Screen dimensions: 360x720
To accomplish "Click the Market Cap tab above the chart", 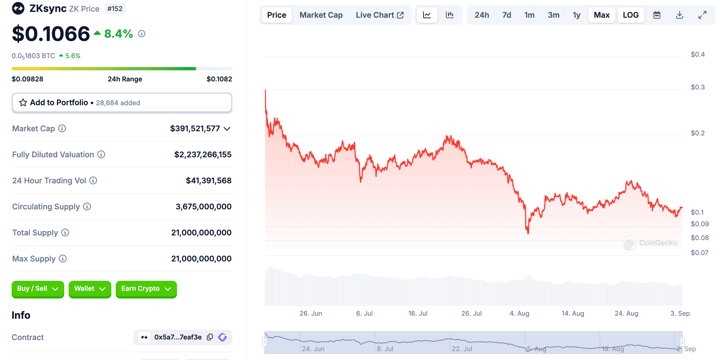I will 321,15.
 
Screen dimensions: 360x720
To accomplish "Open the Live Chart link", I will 379,15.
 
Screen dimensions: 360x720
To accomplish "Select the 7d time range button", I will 506,15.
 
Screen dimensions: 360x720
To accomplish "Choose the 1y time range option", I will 576,15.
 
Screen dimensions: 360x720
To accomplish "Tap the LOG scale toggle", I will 630,15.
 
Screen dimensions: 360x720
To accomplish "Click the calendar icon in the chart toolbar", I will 657,15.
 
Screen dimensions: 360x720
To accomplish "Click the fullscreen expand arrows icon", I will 702,15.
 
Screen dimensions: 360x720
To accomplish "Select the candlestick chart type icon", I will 449,15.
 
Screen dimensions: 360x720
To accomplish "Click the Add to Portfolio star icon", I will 23,102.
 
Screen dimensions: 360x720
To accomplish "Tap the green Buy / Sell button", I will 38,289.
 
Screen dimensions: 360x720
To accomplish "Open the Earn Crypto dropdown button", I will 146,289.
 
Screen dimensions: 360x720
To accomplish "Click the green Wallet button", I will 90,289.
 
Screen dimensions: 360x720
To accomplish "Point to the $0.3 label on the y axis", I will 697,87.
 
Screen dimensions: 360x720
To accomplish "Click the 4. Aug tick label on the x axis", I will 519,313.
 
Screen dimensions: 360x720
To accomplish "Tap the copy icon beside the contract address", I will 210,337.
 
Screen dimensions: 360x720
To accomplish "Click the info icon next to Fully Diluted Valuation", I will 101,154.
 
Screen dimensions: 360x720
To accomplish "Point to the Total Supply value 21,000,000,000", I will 201,233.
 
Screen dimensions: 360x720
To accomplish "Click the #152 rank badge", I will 115,9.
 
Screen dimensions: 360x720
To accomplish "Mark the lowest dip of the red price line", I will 528,233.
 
